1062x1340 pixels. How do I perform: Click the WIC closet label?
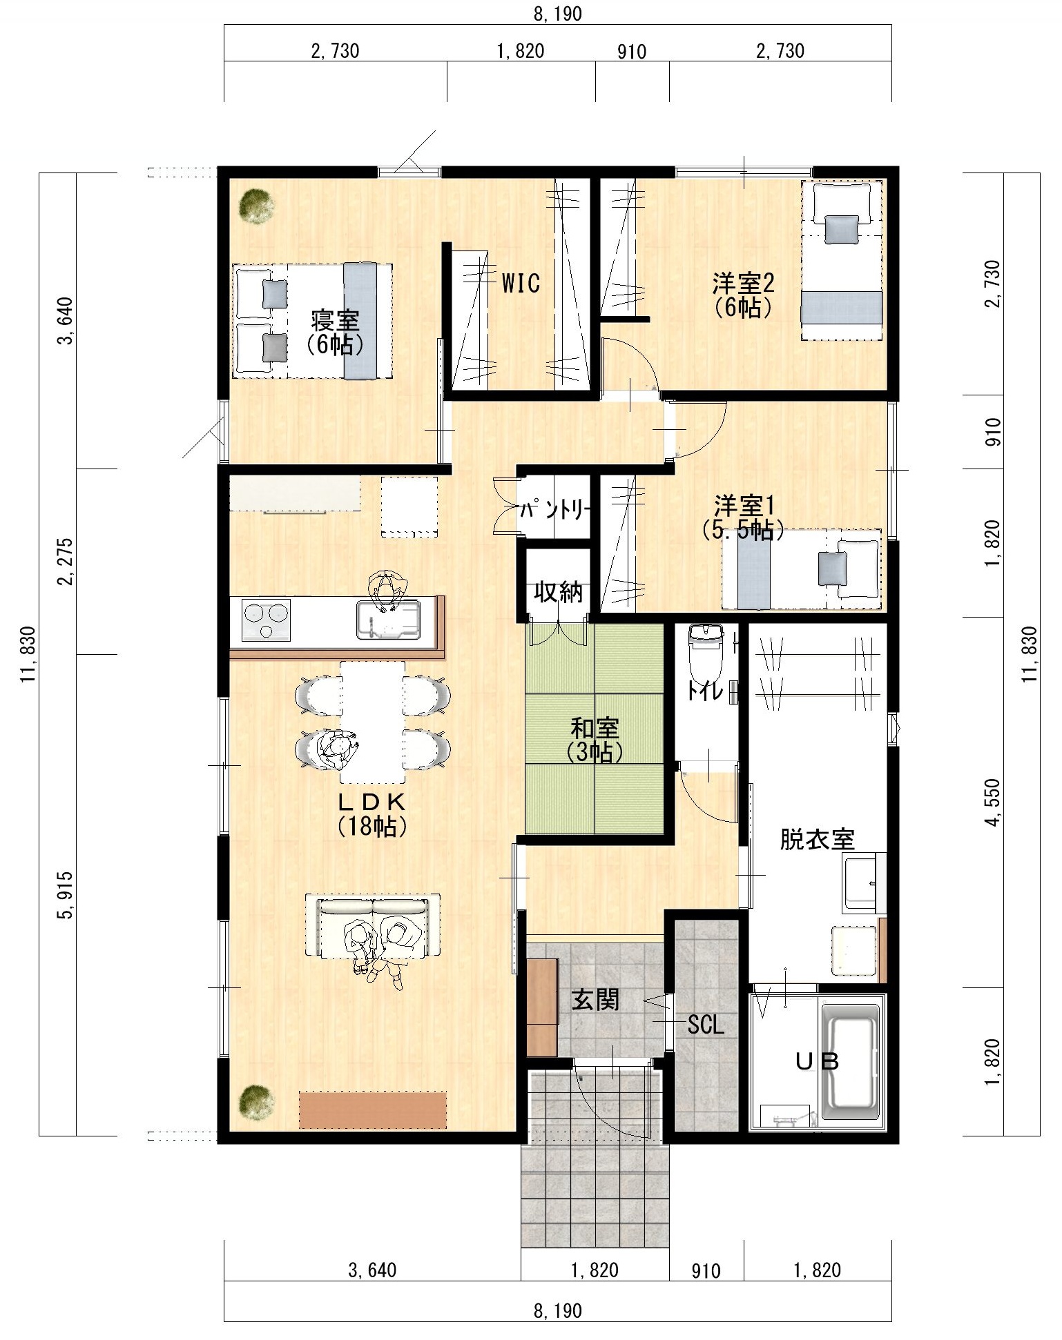coord(521,283)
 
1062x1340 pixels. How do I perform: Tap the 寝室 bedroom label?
coord(335,322)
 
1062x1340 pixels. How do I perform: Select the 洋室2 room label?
coord(744,283)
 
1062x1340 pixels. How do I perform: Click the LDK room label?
coord(372,802)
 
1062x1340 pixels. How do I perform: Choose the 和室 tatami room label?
coord(595,729)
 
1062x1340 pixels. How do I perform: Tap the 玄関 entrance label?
coord(595,999)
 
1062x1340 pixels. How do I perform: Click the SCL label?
coord(706,1025)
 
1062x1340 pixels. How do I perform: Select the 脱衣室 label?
coord(818,839)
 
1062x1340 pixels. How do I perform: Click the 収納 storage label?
coord(558,592)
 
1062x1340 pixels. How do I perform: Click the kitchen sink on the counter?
coord(387,620)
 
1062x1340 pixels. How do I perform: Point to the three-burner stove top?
coord(266,620)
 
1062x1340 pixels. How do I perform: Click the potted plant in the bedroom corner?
coord(256,206)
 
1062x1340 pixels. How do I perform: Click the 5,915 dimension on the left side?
coord(64,895)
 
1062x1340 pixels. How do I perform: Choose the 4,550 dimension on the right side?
coord(993,802)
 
